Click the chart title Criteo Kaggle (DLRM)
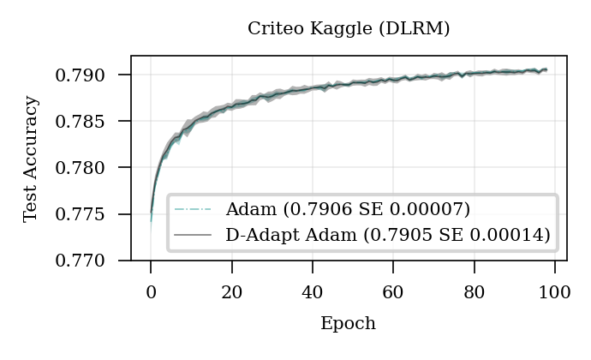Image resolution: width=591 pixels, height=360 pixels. [x=349, y=28]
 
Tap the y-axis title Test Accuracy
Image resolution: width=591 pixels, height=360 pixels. [x=31, y=159]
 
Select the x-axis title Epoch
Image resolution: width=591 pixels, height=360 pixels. [x=348, y=323]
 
